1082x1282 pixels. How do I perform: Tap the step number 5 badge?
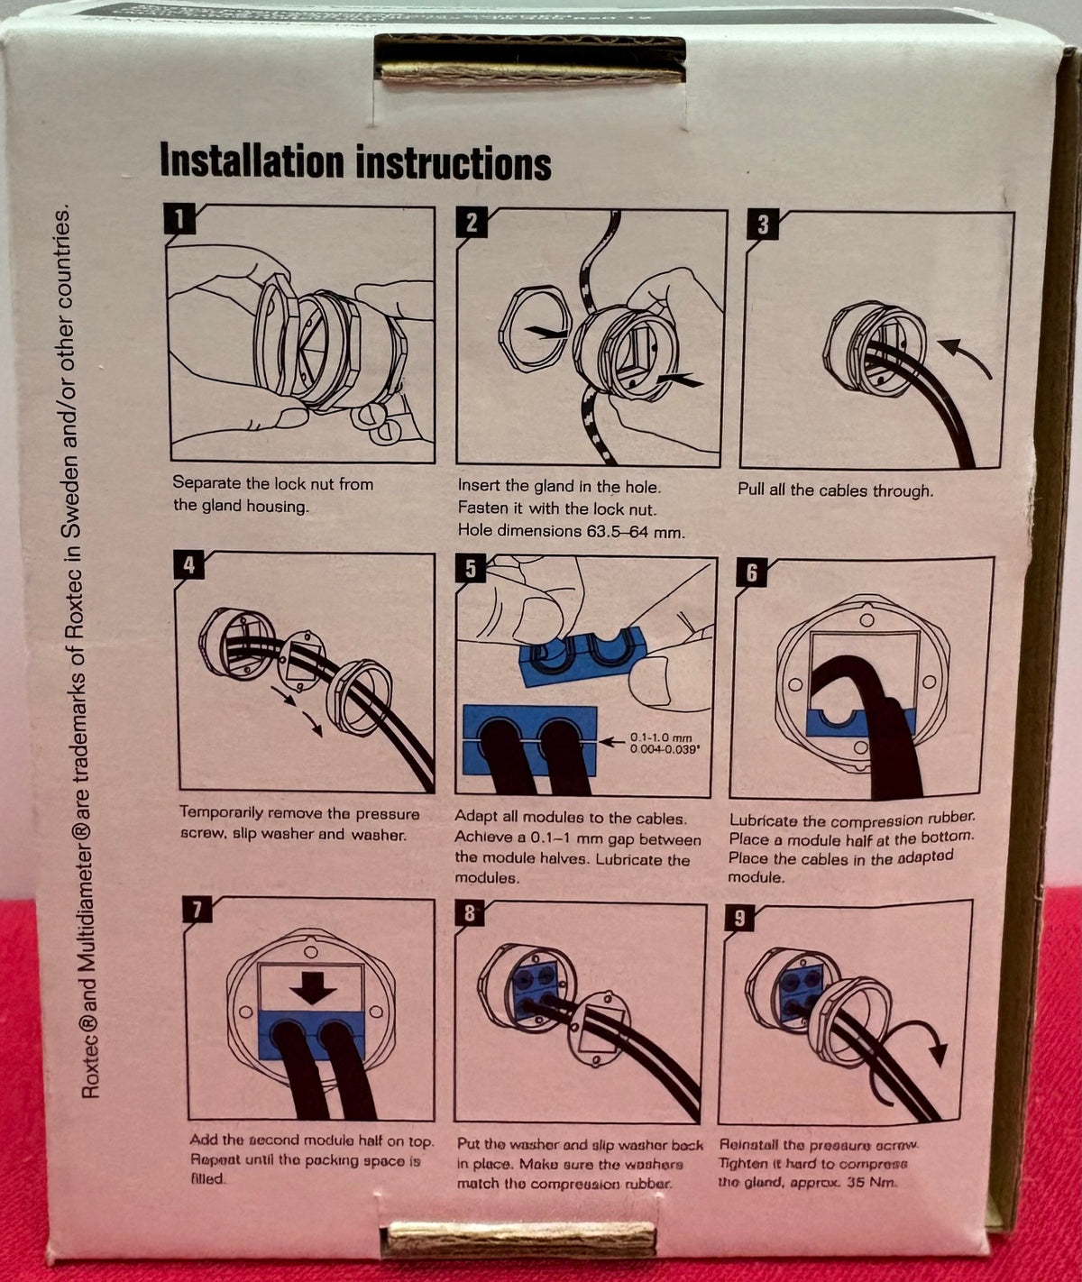(471, 569)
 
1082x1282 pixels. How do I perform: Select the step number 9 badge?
(739, 918)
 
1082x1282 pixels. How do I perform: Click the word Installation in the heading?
(252, 162)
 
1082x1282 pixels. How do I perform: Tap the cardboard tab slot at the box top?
(529, 60)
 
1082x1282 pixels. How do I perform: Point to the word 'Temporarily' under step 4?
(222, 813)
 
